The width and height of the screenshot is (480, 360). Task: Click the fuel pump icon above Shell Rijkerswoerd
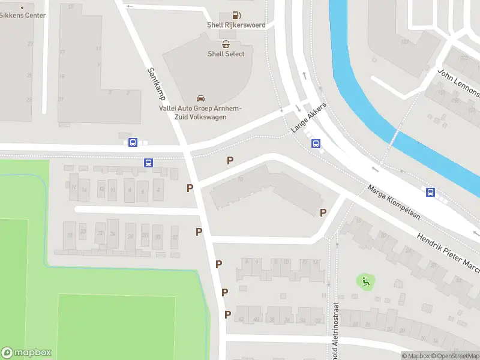pyautogui.click(x=236, y=15)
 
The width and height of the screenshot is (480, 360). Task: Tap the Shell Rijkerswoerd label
pyautogui.click(x=236, y=25)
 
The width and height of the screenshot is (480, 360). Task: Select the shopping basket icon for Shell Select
pyautogui.click(x=226, y=44)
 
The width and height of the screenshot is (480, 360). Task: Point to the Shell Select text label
pyautogui.click(x=226, y=54)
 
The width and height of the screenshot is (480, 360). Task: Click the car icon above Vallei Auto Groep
pyautogui.click(x=200, y=98)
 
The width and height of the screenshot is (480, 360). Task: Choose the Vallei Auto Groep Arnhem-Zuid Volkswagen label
pyautogui.click(x=200, y=112)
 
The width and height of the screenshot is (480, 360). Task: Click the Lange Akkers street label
pyautogui.click(x=308, y=118)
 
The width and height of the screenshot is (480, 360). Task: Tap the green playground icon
pyautogui.click(x=364, y=281)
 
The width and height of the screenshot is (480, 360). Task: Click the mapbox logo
pyautogui.click(x=26, y=353)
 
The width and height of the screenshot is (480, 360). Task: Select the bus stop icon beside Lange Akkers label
pyautogui.click(x=316, y=143)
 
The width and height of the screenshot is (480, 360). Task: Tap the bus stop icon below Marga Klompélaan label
pyautogui.click(x=430, y=192)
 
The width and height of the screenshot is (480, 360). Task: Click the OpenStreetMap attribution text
pyautogui.click(x=454, y=356)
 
